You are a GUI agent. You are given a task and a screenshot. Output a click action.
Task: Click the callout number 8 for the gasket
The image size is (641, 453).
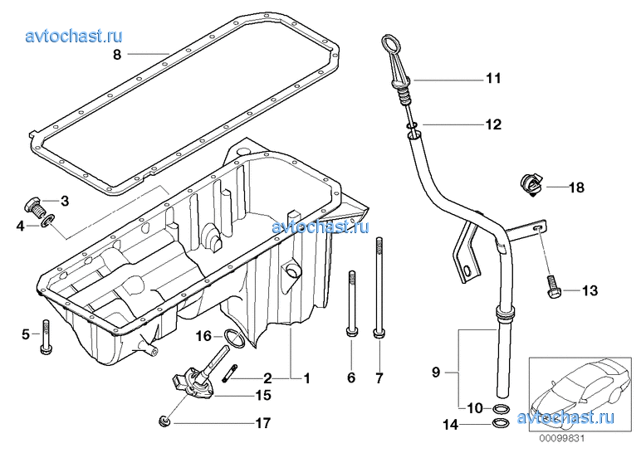(x=117, y=55)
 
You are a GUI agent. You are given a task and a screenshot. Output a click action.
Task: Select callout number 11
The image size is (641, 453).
(x=493, y=80)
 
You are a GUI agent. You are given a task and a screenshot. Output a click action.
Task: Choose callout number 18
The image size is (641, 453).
(x=576, y=188)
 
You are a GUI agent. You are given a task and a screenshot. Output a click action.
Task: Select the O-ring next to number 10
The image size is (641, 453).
(x=501, y=409)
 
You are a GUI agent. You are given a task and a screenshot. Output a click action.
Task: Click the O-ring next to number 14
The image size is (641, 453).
(x=501, y=425)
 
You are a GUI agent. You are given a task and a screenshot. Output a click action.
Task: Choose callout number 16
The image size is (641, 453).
(x=204, y=336)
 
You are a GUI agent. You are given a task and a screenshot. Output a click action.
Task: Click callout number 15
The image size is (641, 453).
(x=262, y=396)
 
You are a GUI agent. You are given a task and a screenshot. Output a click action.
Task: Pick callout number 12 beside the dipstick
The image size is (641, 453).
(x=493, y=125)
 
